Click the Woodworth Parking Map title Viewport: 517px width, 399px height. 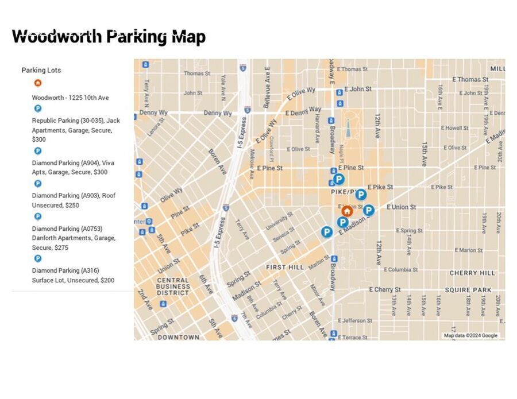point(109,36)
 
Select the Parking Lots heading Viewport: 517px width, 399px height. point(41,70)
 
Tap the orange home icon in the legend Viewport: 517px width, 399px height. point(38,83)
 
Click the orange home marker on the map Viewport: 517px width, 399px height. point(346,211)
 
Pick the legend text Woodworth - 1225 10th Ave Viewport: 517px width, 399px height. point(70,98)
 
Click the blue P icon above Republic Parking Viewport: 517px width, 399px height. point(38,109)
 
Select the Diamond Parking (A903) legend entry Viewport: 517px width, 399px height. point(74,200)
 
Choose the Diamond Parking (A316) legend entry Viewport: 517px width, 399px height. point(73,275)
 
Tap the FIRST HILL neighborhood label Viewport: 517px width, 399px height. point(285,268)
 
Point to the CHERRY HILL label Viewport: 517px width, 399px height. point(472,273)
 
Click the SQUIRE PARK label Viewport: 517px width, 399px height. point(468,290)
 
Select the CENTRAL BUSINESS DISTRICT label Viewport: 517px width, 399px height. point(173,286)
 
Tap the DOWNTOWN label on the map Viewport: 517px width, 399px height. point(178,337)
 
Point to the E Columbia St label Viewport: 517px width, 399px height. point(401,269)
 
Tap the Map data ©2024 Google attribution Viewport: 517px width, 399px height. point(470,335)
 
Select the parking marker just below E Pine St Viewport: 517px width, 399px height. point(338,179)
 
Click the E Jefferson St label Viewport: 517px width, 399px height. point(356,320)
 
